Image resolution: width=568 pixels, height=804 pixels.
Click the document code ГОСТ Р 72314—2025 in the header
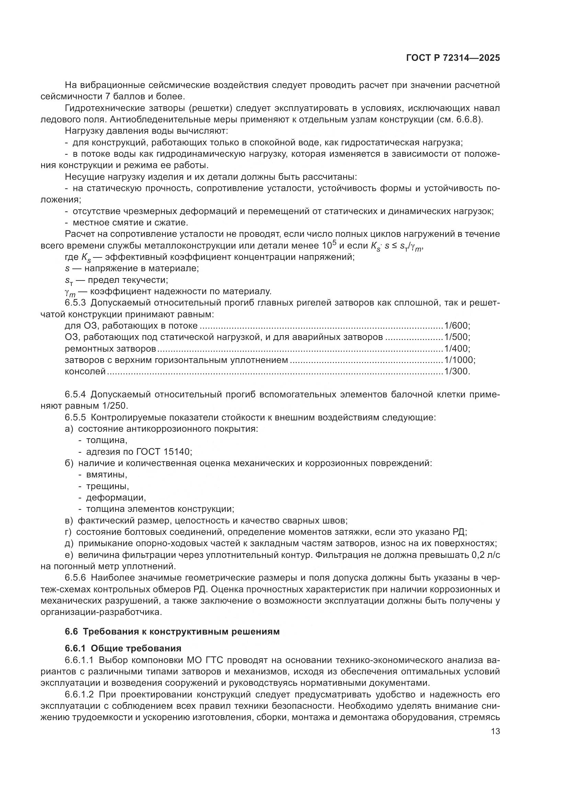tap(453, 58)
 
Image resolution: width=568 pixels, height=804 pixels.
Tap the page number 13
tap(495, 731)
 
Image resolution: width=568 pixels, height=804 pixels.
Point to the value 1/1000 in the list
tap(458, 360)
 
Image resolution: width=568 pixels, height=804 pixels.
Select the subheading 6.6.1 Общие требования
tap(123, 648)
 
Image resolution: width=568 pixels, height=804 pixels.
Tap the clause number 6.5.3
tap(75, 302)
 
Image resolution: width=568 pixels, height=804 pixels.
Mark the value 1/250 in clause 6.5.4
tap(115, 406)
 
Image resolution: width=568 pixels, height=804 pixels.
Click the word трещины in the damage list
tap(107, 486)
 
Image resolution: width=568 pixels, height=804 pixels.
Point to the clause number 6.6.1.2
tap(79, 694)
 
